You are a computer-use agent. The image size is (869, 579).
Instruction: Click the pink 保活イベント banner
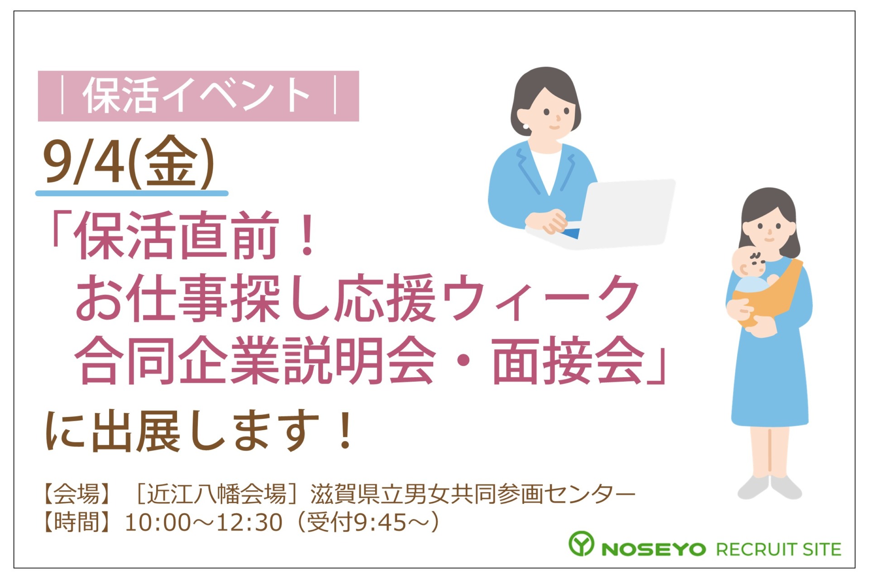(198, 96)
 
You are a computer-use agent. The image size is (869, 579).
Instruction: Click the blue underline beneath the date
(132, 194)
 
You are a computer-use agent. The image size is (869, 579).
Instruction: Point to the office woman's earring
(525, 126)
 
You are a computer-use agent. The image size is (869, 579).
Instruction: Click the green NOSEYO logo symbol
(581, 543)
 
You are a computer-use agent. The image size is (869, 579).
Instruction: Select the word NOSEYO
(654, 549)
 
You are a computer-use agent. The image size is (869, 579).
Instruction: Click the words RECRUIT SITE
(778, 549)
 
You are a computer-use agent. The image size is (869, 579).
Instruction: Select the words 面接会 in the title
(568, 360)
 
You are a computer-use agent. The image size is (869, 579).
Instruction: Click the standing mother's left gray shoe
(753, 487)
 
